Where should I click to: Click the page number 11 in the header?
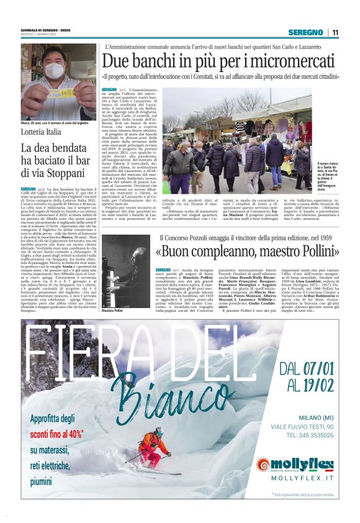[336, 32]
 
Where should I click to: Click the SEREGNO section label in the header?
[305, 32]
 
